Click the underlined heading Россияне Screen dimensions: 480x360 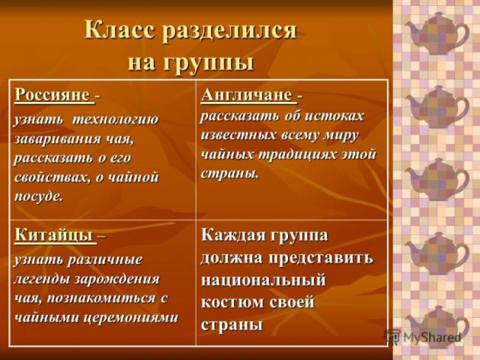[54, 95]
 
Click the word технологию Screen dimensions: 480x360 [115, 120]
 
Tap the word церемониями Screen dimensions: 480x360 [131, 318]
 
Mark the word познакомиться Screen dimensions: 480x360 [101, 299]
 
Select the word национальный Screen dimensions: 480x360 [264, 280]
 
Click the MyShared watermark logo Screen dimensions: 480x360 [422, 337]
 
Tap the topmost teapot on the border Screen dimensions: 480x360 [437, 33]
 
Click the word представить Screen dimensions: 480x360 [321, 258]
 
